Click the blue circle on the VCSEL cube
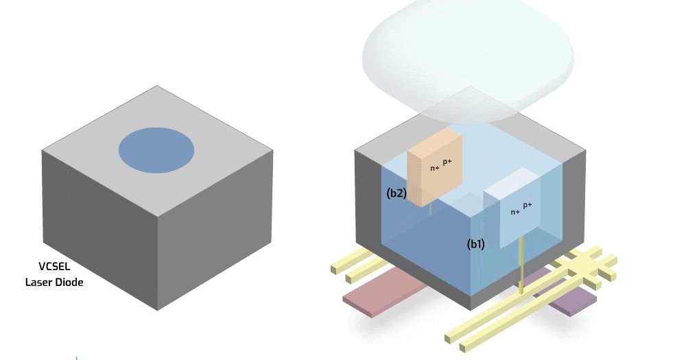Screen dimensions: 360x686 [x=156, y=149]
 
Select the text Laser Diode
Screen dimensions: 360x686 [x=54, y=282]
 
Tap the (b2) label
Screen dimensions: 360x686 [x=397, y=193]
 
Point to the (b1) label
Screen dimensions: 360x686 [x=476, y=243]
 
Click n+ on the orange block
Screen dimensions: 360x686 [x=434, y=168]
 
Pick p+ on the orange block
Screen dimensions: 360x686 [x=447, y=162]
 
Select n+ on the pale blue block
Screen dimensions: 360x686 [x=514, y=212]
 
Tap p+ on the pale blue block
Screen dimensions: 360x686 [x=527, y=205]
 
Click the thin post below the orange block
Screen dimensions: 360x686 [x=430, y=208]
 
